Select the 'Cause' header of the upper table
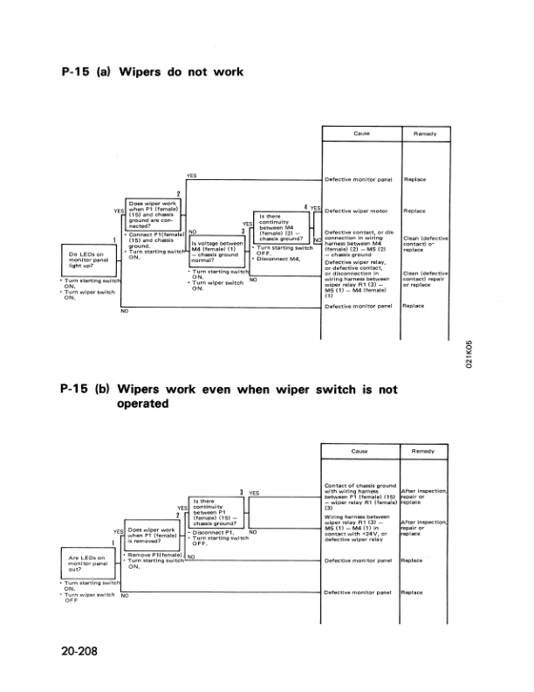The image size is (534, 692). pos(360,133)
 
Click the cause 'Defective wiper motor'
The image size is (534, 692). pos(356,211)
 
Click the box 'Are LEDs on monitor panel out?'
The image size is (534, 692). pos(89,562)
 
